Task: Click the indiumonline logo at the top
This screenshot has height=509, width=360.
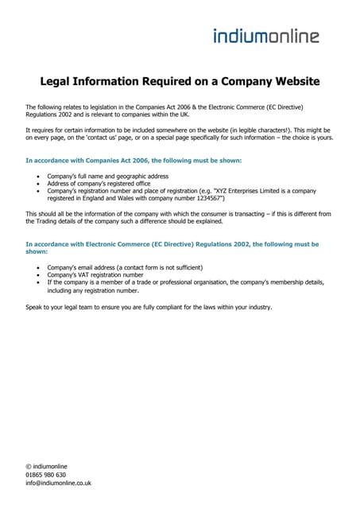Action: (x=266, y=35)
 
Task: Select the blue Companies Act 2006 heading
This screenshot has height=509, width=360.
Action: (x=134, y=160)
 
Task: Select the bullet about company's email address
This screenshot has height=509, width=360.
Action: (x=125, y=267)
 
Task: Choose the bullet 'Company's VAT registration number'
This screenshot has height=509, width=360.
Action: (x=95, y=275)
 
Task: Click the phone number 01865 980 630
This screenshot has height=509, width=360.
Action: (x=46, y=475)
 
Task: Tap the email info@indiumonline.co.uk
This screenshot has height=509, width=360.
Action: (x=59, y=483)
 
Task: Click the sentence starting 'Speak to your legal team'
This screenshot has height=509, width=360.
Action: (x=149, y=307)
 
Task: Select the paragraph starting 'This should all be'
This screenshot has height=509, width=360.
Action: (x=178, y=218)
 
